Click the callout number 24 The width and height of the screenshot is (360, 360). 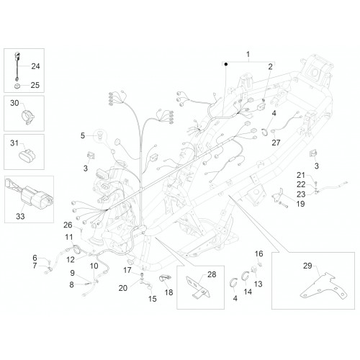[35, 66]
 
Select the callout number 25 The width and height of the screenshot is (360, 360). [35, 85]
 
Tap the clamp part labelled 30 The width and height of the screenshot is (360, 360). [28, 117]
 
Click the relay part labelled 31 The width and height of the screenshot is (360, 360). [27, 156]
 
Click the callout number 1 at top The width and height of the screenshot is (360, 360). [248, 54]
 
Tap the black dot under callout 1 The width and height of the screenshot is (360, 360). [226, 64]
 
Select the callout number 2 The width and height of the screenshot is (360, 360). [270, 67]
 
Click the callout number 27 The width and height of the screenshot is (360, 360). [276, 143]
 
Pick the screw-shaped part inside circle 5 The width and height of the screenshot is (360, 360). [99, 135]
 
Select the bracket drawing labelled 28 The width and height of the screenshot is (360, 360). [198, 287]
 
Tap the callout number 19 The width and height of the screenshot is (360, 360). [300, 204]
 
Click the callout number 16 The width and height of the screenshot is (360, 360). [258, 253]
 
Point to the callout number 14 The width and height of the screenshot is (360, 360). [248, 292]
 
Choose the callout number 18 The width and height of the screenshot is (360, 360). [168, 292]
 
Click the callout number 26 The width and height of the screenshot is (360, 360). [68, 225]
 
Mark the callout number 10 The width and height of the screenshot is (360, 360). [94, 266]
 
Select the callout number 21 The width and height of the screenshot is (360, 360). [300, 175]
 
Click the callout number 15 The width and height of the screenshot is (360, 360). [153, 299]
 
